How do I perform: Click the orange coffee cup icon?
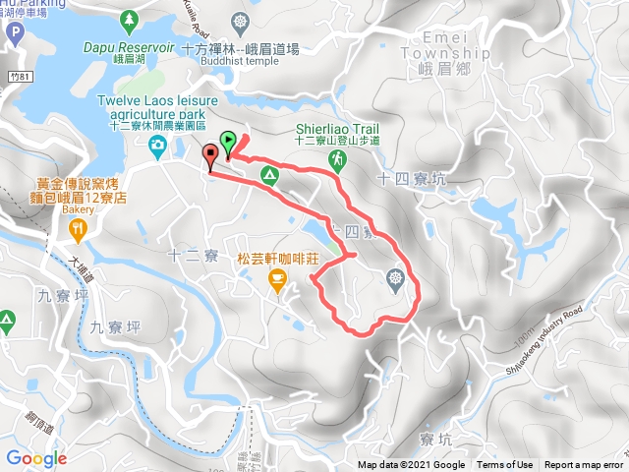(277, 282)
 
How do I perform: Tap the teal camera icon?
(157, 146)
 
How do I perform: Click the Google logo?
(35, 458)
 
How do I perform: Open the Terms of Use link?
(504, 465)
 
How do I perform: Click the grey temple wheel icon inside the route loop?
(395, 279)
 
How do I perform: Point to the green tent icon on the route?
(267, 174)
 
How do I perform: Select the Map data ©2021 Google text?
(411, 465)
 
